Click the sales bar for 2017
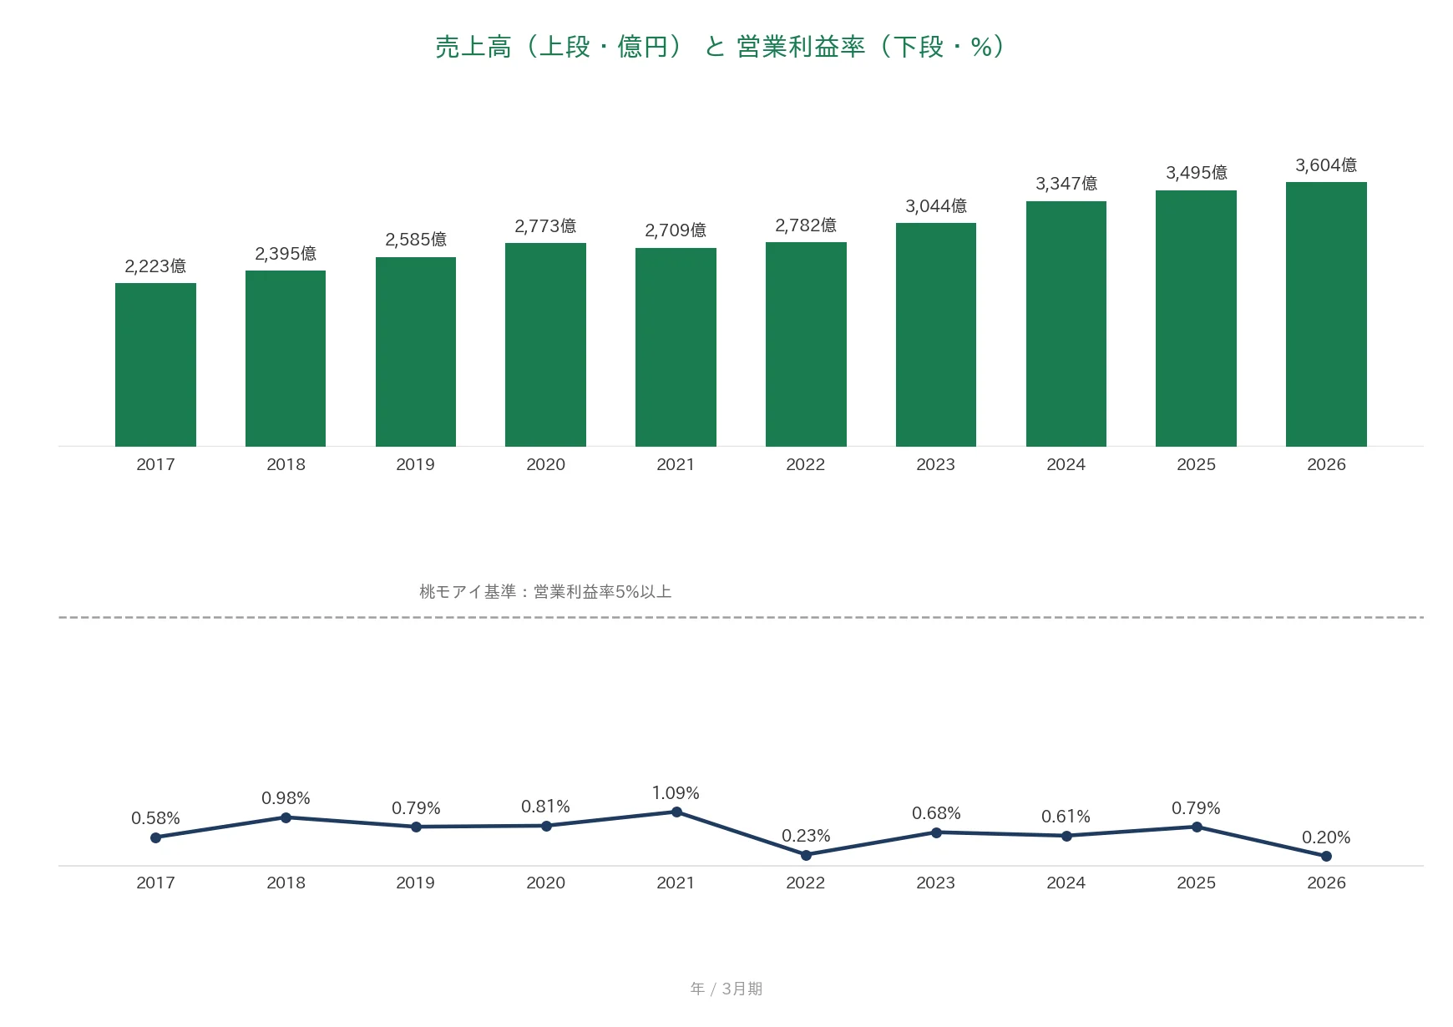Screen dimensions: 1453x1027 155,365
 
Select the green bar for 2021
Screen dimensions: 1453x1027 676,347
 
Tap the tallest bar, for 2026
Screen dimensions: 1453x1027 1326,314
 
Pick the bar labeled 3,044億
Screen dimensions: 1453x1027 936,335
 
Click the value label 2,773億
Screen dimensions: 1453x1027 545,226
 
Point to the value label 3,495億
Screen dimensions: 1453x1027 1197,173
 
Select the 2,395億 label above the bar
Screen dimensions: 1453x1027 286,254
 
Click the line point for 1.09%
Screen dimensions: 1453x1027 676,812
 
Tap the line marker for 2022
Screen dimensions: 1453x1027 806,855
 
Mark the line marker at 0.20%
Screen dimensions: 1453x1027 1326,856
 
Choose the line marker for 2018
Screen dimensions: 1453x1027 286,817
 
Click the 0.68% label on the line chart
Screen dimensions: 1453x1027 936,813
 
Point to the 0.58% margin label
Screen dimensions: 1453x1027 155,818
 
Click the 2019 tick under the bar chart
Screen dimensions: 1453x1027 415,465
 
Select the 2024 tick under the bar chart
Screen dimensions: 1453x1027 1066,465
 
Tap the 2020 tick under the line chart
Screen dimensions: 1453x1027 545,883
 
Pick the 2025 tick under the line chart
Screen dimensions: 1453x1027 1196,883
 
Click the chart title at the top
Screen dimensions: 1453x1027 719,47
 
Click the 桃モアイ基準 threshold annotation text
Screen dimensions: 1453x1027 545,592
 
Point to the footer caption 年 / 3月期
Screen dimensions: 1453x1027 726,989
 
